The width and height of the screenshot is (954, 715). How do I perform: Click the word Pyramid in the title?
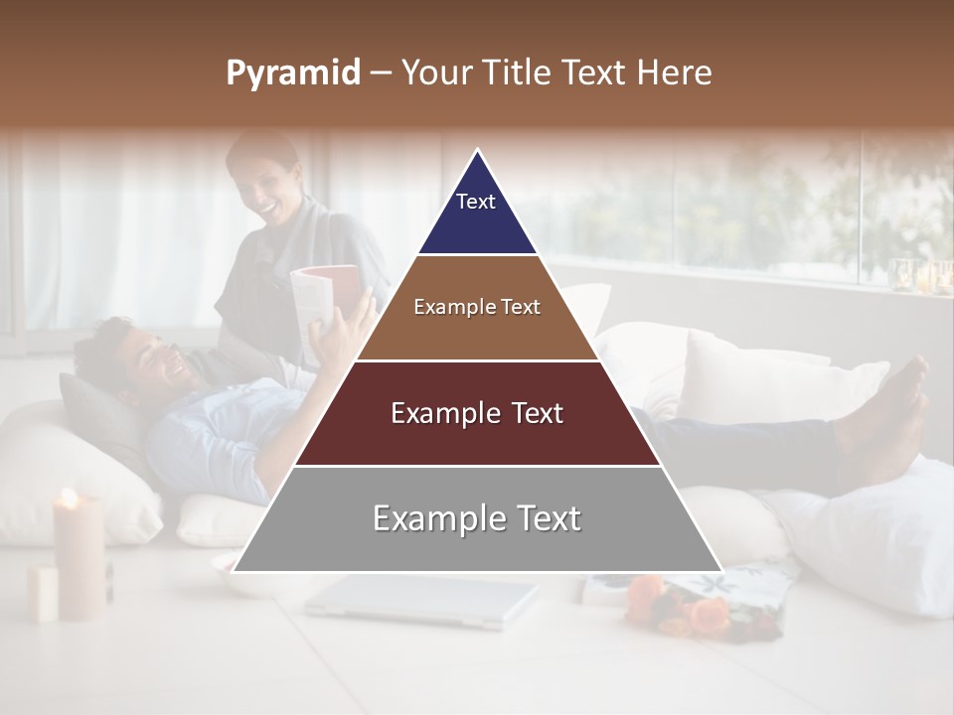(x=292, y=73)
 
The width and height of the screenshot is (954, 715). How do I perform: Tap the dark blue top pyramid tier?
(x=477, y=214)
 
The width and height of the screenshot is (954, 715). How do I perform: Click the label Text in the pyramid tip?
(x=476, y=202)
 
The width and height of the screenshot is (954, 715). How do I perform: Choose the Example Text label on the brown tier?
(x=477, y=307)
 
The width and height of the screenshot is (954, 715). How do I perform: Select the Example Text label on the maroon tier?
(x=477, y=413)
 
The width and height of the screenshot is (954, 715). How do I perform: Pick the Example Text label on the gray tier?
(x=477, y=518)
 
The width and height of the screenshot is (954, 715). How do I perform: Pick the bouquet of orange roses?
(x=686, y=606)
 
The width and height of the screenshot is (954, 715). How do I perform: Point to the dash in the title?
(x=381, y=73)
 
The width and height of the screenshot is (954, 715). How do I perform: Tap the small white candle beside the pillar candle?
(x=43, y=593)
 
